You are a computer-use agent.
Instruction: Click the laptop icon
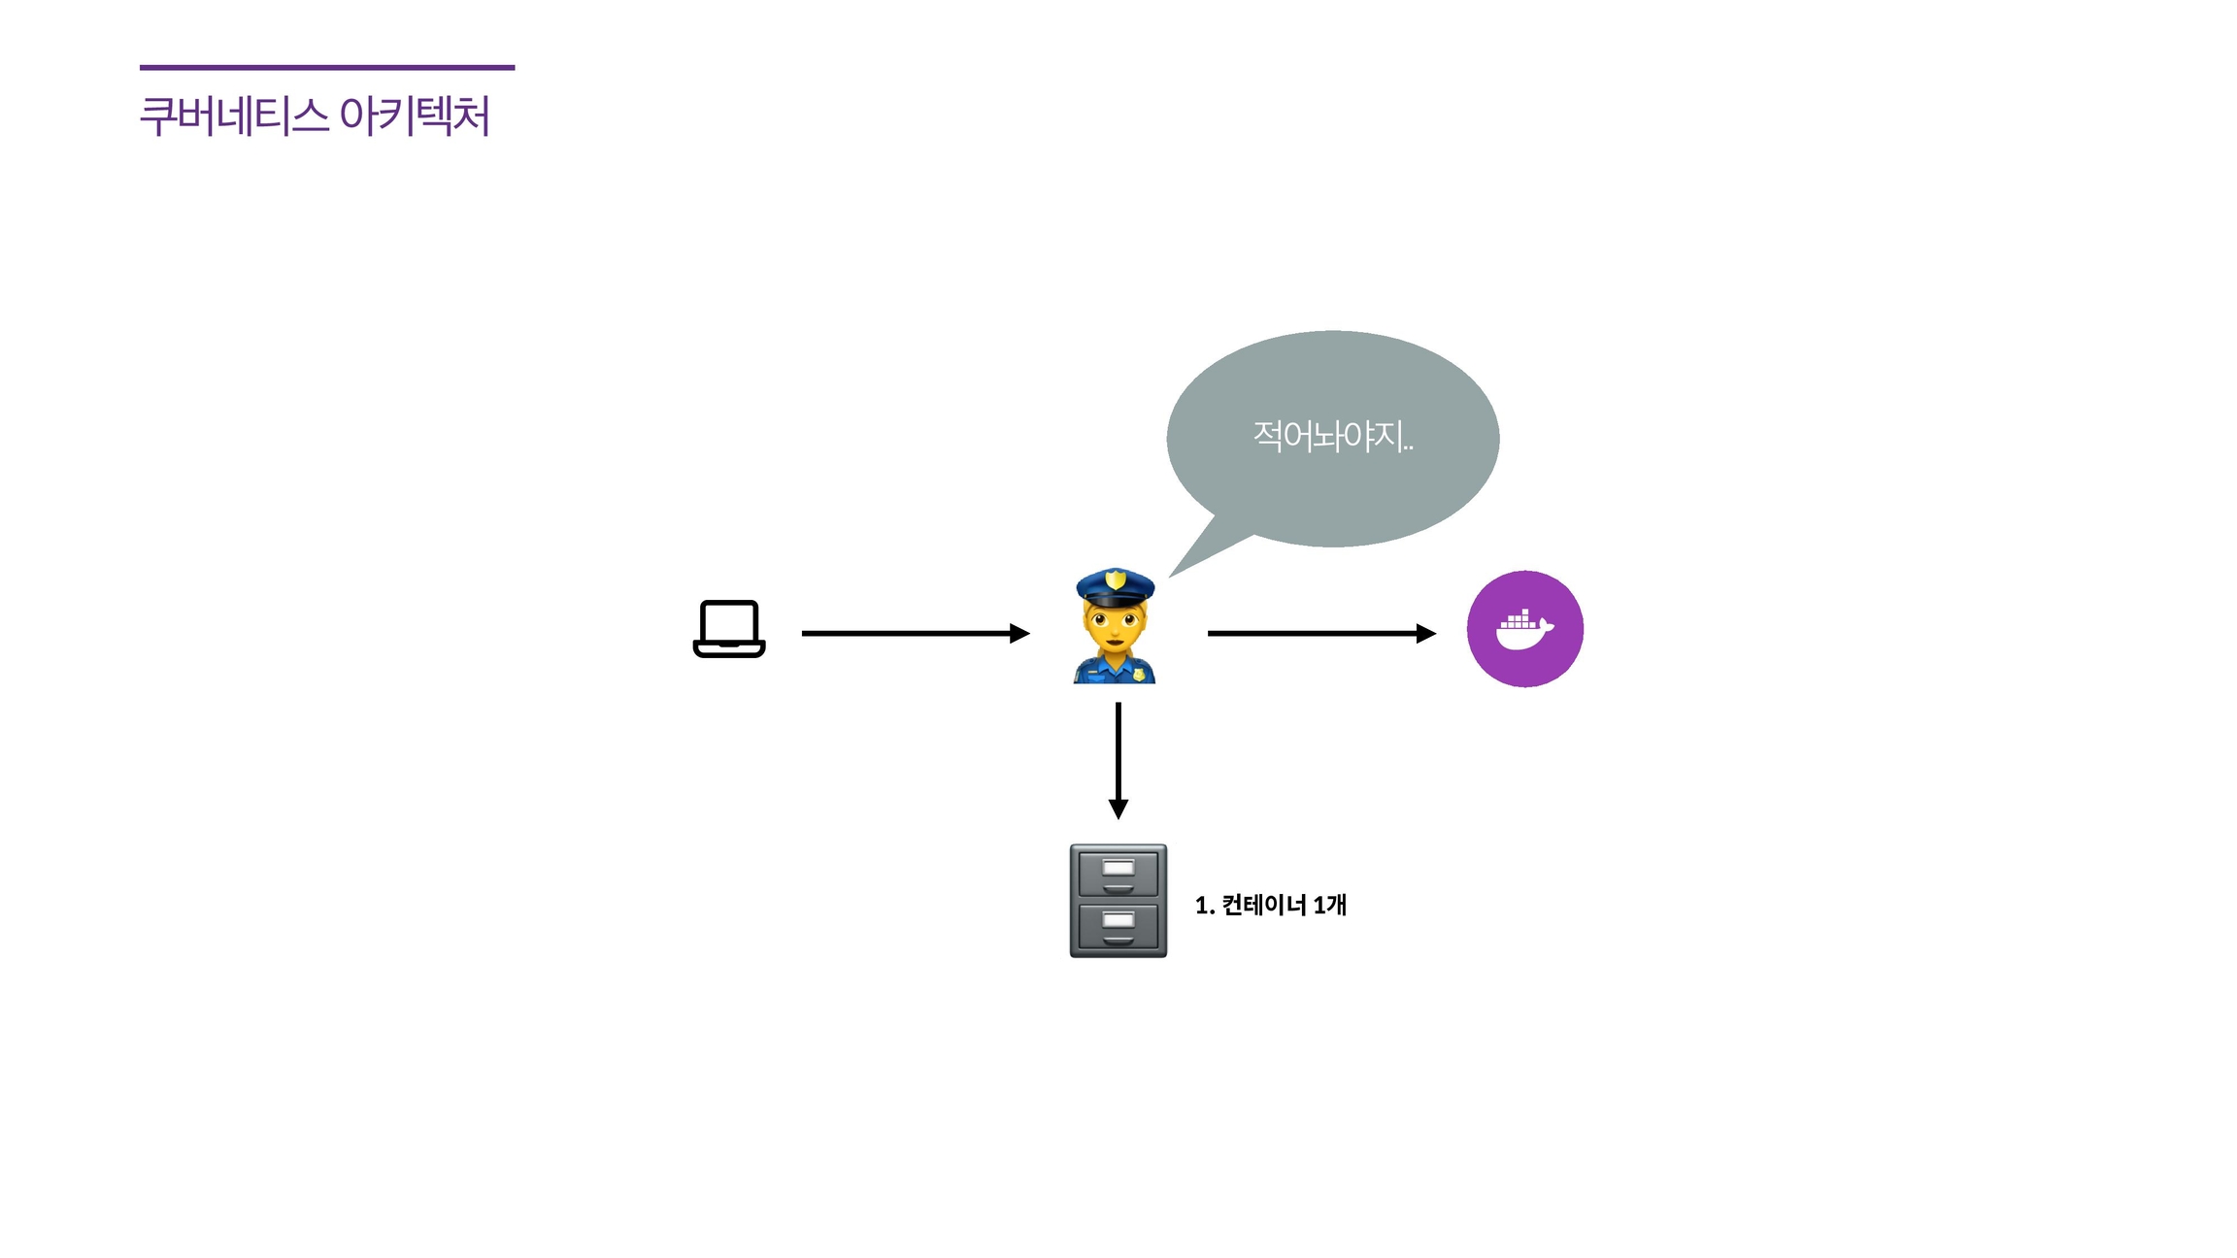729,629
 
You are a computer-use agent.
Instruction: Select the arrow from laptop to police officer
913,634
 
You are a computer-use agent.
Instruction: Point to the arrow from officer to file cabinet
1118,757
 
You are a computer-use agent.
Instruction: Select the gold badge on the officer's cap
1116,579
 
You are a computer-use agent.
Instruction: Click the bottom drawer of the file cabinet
1118,927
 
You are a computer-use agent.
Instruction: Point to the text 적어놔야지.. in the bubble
1332,437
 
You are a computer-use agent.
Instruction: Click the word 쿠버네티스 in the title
234,116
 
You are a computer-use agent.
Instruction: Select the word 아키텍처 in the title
415,116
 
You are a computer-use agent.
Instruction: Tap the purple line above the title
327,68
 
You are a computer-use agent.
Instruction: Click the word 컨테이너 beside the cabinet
1264,905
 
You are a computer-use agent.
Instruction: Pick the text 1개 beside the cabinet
1329,905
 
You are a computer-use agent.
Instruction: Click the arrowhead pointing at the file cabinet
1118,809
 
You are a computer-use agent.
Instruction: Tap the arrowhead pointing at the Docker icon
1425,634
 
